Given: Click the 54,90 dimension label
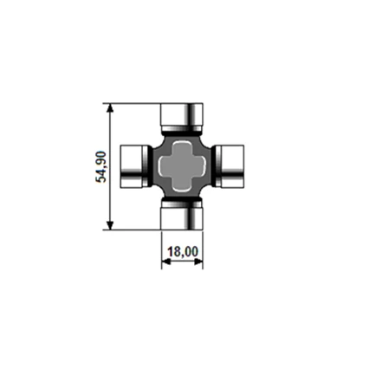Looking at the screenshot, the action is point(101,167).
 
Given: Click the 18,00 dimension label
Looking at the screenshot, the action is point(183,252).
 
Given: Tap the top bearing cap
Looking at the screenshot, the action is point(182,117).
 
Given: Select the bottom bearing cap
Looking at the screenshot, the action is point(182,216).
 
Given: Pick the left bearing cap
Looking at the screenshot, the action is point(134,166).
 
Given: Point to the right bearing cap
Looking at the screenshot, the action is point(230,166).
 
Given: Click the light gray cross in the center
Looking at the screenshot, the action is point(182,166).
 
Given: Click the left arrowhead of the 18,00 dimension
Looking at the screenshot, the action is point(165,262).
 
